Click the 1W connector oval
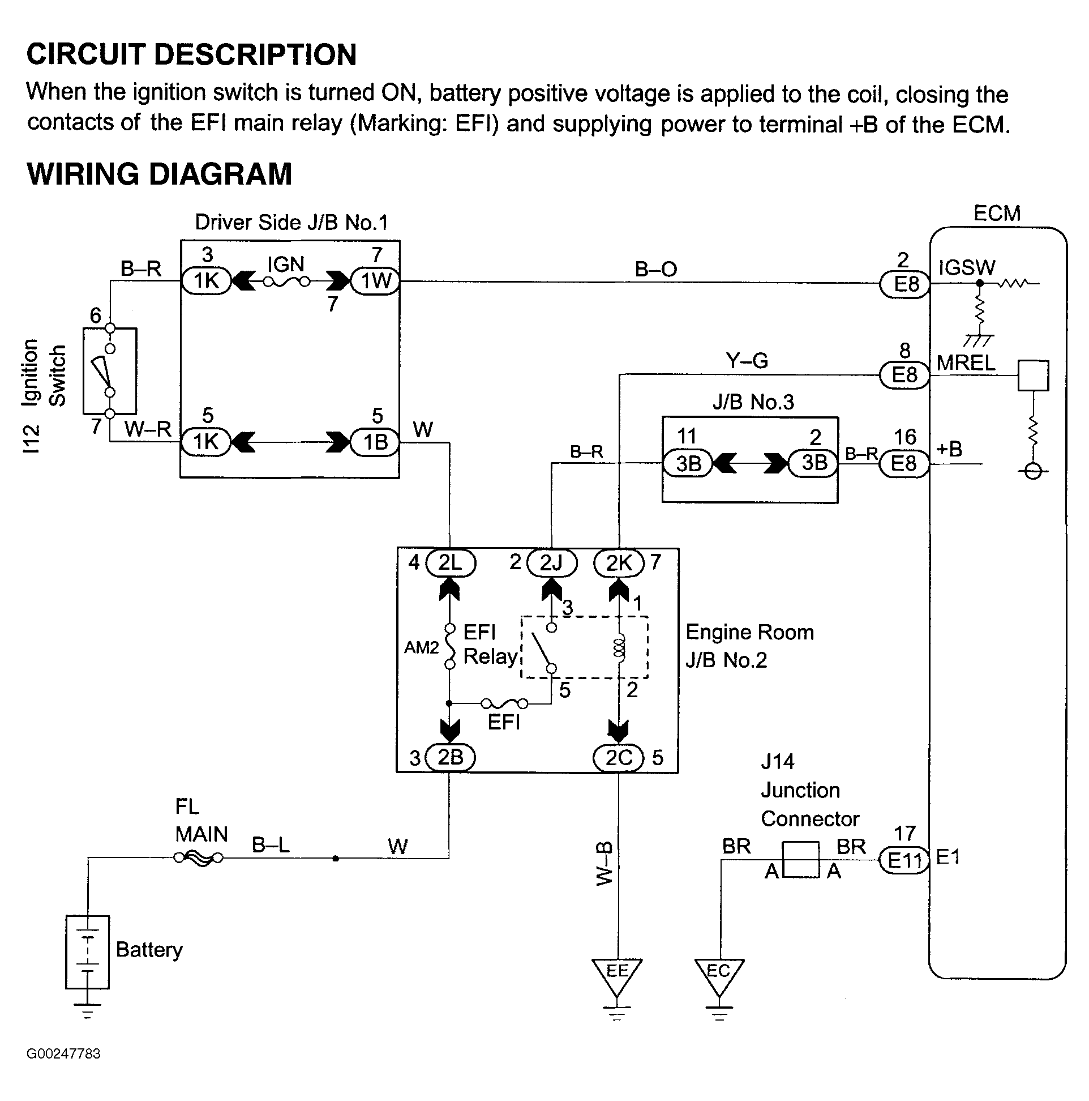coord(376,281)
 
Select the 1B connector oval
coord(375,442)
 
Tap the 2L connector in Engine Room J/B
coord(450,563)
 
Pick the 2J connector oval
coord(551,563)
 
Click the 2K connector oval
coord(619,563)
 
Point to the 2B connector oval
coord(450,757)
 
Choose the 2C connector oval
coord(619,757)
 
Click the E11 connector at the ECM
coord(904,860)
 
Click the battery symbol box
coord(87,952)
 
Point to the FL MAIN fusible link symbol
coord(199,857)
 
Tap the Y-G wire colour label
coord(747,361)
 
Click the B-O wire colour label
coord(655,269)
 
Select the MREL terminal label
coord(966,363)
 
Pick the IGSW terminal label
coord(967,267)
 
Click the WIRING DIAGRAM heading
coord(160,174)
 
